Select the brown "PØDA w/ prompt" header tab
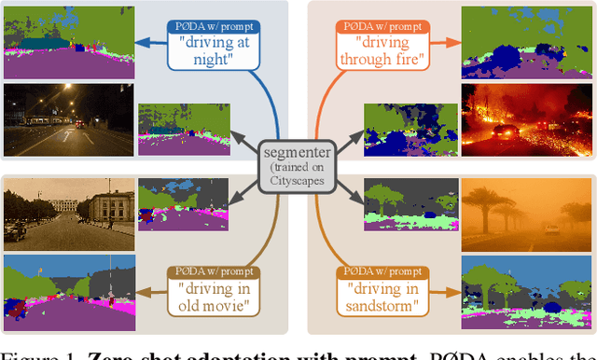[x=215, y=271]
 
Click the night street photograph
[x=69, y=119]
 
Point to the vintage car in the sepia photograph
[x=15, y=231]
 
